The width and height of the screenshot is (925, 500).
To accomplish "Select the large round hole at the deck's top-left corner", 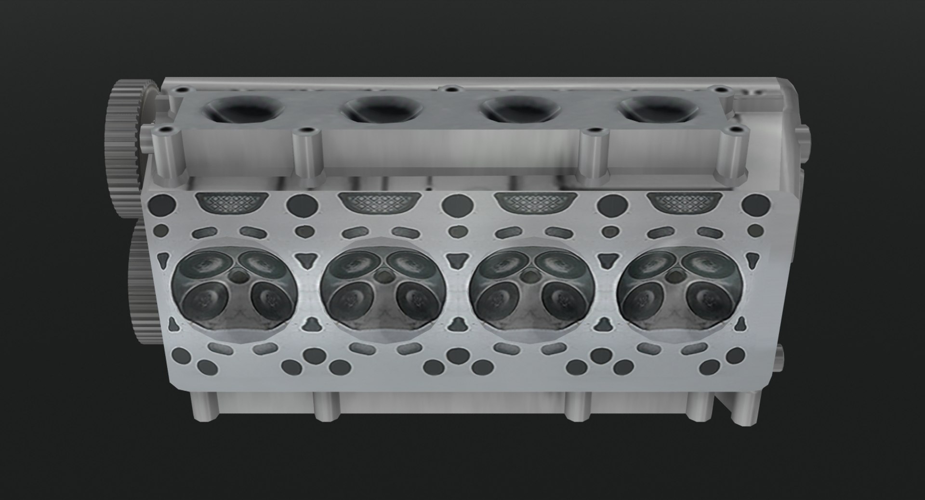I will pos(162,204).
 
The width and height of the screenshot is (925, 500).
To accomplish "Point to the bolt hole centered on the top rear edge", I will pos(451,89).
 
